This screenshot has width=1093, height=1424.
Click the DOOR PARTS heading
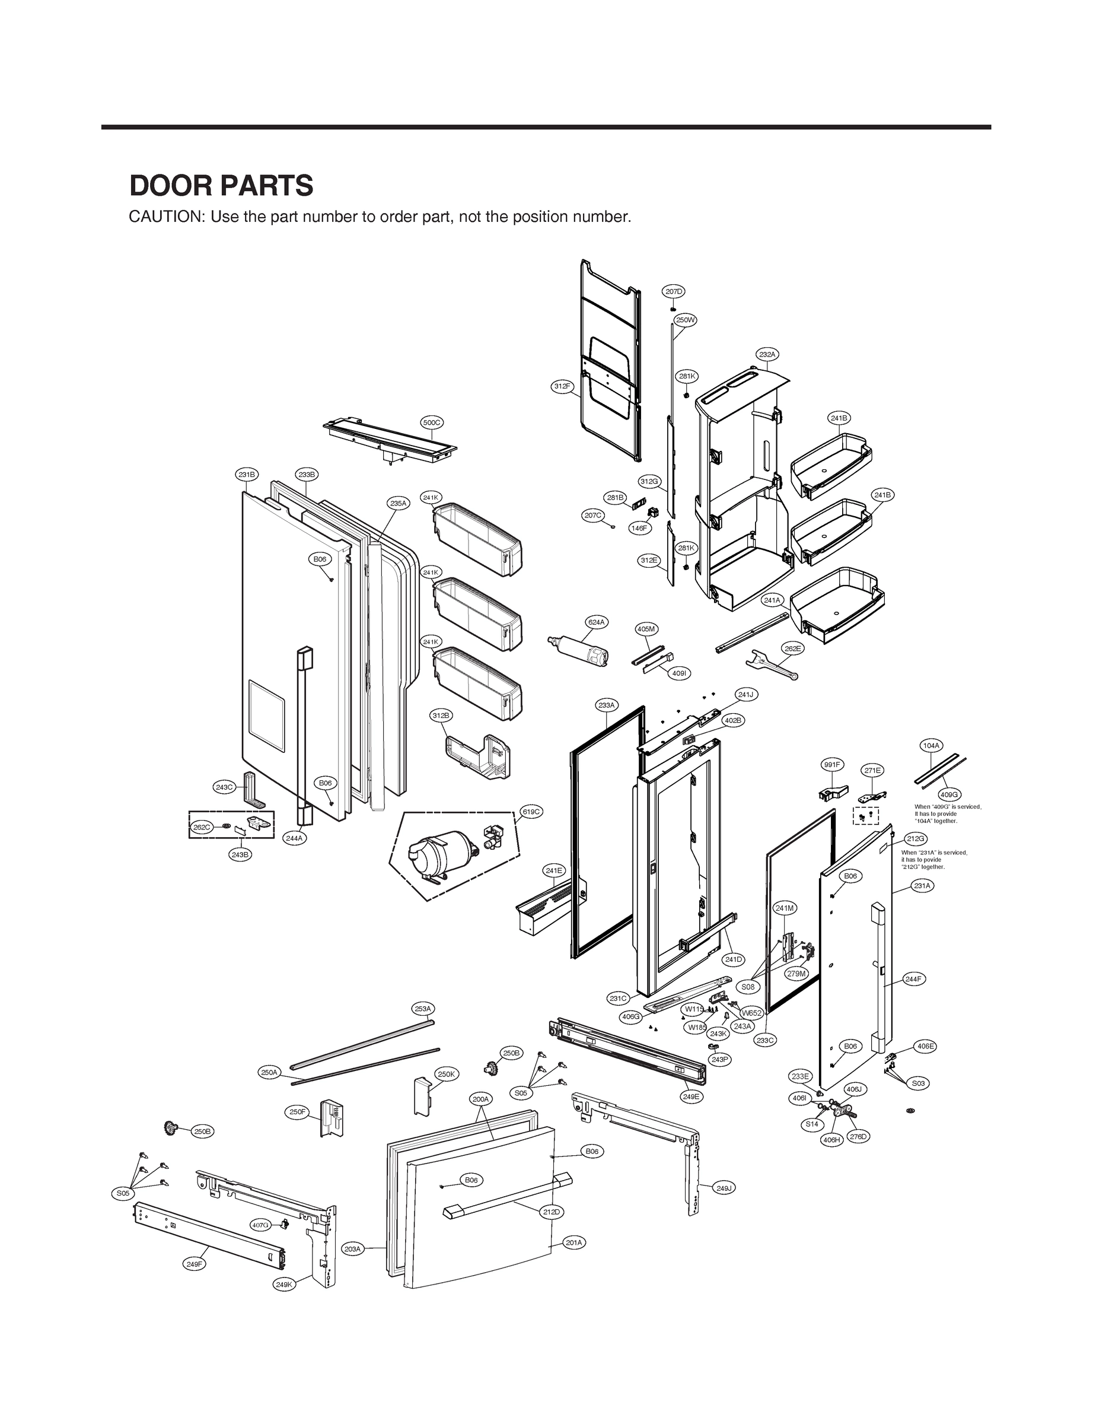coord(221,186)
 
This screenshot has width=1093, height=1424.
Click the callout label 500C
coord(432,422)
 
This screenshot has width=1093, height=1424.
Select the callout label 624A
coord(597,622)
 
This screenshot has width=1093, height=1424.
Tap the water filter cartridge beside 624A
coord(579,651)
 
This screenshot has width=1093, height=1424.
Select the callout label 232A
coord(767,354)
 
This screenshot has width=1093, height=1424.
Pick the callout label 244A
coord(295,838)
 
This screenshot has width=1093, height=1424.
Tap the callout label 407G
coord(260,1224)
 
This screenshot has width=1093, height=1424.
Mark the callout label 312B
coord(441,716)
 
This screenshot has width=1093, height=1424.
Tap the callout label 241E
coord(555,870)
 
